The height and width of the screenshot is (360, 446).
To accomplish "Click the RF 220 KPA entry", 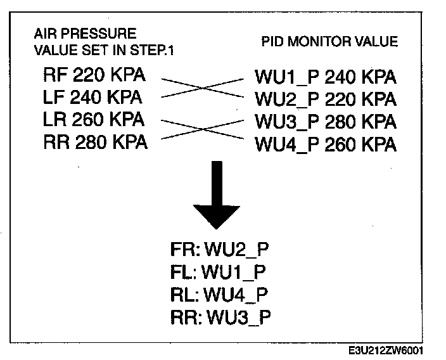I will point(94,76).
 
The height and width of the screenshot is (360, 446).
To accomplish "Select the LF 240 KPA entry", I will point(92,98).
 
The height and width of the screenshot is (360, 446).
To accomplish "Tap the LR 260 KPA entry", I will point(94,120).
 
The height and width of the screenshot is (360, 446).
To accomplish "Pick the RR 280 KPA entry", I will point(95,142).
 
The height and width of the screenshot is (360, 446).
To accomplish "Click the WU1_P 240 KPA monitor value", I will point(326,78).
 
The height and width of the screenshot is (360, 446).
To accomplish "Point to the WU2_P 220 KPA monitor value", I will point(326,100).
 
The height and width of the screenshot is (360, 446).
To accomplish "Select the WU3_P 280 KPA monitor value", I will point(326,122).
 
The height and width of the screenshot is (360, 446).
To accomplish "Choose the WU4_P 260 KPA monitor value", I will point(326,145).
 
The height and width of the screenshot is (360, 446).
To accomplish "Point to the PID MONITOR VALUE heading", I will point(329,42).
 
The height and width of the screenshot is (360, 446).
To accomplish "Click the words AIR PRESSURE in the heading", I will point(85,33).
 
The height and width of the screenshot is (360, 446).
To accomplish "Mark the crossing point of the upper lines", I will point(202,88).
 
